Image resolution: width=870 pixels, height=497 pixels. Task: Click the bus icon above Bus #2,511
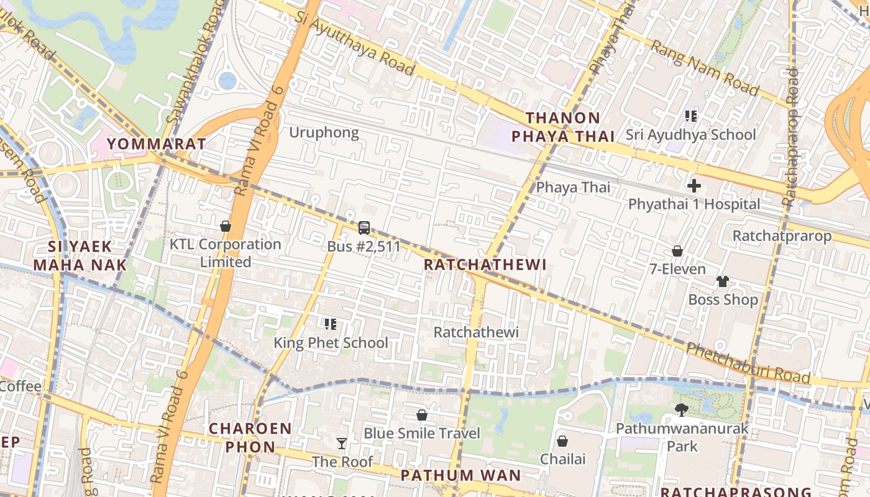[x=364, y=228]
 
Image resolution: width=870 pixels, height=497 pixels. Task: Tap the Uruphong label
[x=324, y=132]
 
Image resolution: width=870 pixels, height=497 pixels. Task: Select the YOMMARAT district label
[x=156, y=144]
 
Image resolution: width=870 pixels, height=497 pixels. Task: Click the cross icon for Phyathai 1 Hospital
[x=694, y=186]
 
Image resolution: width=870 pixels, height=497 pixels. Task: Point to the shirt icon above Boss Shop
[x=722, y=281]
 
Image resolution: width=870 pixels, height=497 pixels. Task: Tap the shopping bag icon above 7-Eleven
[x=677, y=251]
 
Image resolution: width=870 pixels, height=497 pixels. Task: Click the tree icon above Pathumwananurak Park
[x=682, y=409]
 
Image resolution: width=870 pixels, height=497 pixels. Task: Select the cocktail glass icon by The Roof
[x=342, y=444]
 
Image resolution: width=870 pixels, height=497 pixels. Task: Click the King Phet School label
[x=331, y=342]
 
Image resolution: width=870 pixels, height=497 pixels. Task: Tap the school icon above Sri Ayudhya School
[x=690, y=116]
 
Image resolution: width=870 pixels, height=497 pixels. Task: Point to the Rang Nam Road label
[x=704, y=68]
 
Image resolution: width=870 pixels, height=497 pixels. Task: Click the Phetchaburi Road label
[x=748, y=363]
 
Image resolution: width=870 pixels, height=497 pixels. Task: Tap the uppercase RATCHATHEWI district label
[x=485, y=265]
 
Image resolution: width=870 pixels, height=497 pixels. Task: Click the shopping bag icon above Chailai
[x=562, y=441]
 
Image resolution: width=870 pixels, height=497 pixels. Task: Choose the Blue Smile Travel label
[x=421, y=433]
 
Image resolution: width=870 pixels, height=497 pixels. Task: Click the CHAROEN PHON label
[x=250, y=437]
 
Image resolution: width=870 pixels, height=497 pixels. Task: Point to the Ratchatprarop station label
[x=782, y=236]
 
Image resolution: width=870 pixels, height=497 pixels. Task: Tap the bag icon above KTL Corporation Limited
[x=226, y=226]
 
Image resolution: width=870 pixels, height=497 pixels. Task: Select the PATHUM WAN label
[x=460, y=476]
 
